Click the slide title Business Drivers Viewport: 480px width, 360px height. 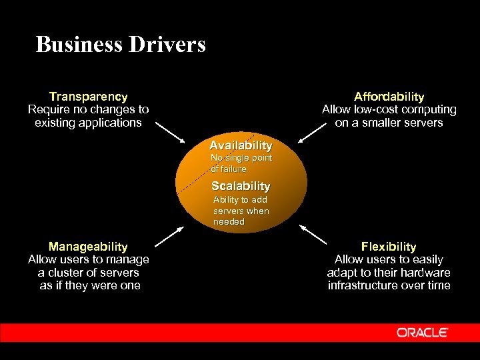[121, 45]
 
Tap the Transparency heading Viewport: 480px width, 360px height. [88, 97]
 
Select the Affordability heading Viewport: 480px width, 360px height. [389, 97]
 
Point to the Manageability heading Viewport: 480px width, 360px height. [88, 247]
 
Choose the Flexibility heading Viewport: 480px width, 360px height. [389, 247]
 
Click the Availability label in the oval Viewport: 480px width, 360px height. [241, 145]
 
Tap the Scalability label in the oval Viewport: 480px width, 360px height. [241, 186]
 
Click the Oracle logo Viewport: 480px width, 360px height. [422, 332]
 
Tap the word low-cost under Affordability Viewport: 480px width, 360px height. [376, 109]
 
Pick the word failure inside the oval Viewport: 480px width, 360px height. [233, 169]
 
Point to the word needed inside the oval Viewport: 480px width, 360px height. [229, 221]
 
